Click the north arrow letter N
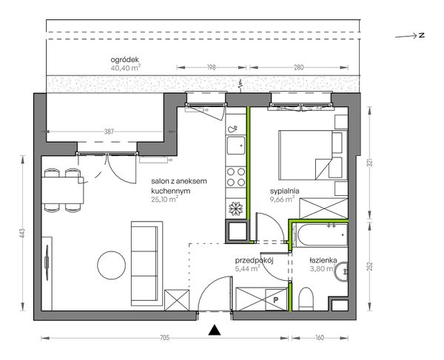422,35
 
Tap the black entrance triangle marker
215,330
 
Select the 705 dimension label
164,338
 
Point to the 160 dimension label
320,338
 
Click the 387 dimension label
109,132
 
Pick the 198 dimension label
211,67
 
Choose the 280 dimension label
299,67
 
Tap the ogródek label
125,60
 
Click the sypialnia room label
285,191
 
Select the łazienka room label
323,260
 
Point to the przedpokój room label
254,260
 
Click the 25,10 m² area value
164,200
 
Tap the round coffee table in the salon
111,265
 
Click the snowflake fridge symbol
236,208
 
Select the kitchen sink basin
236,146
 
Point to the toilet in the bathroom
306,299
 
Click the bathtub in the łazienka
320,235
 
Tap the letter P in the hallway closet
275,300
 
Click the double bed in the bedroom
313,155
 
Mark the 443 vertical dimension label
23,234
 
